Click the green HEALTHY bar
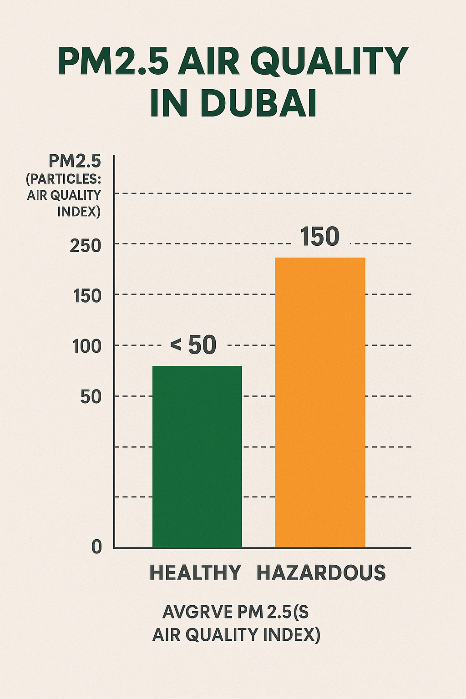coord(197,456)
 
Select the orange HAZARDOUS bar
coord(320,402)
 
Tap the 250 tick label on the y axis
coord(86,246)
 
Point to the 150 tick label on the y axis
coord(87,296)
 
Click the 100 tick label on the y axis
coord(87,347)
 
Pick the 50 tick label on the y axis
coord(91,397)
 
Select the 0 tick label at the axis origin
coord(96,547)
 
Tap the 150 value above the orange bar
coord(320,237)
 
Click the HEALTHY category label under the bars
coord(195,572)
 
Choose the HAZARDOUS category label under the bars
coord(321,572)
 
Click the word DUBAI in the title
coord(258,104)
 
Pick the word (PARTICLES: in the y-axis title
coord(64,178)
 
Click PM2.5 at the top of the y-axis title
coord(75,161)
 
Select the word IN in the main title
coord(169,104)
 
